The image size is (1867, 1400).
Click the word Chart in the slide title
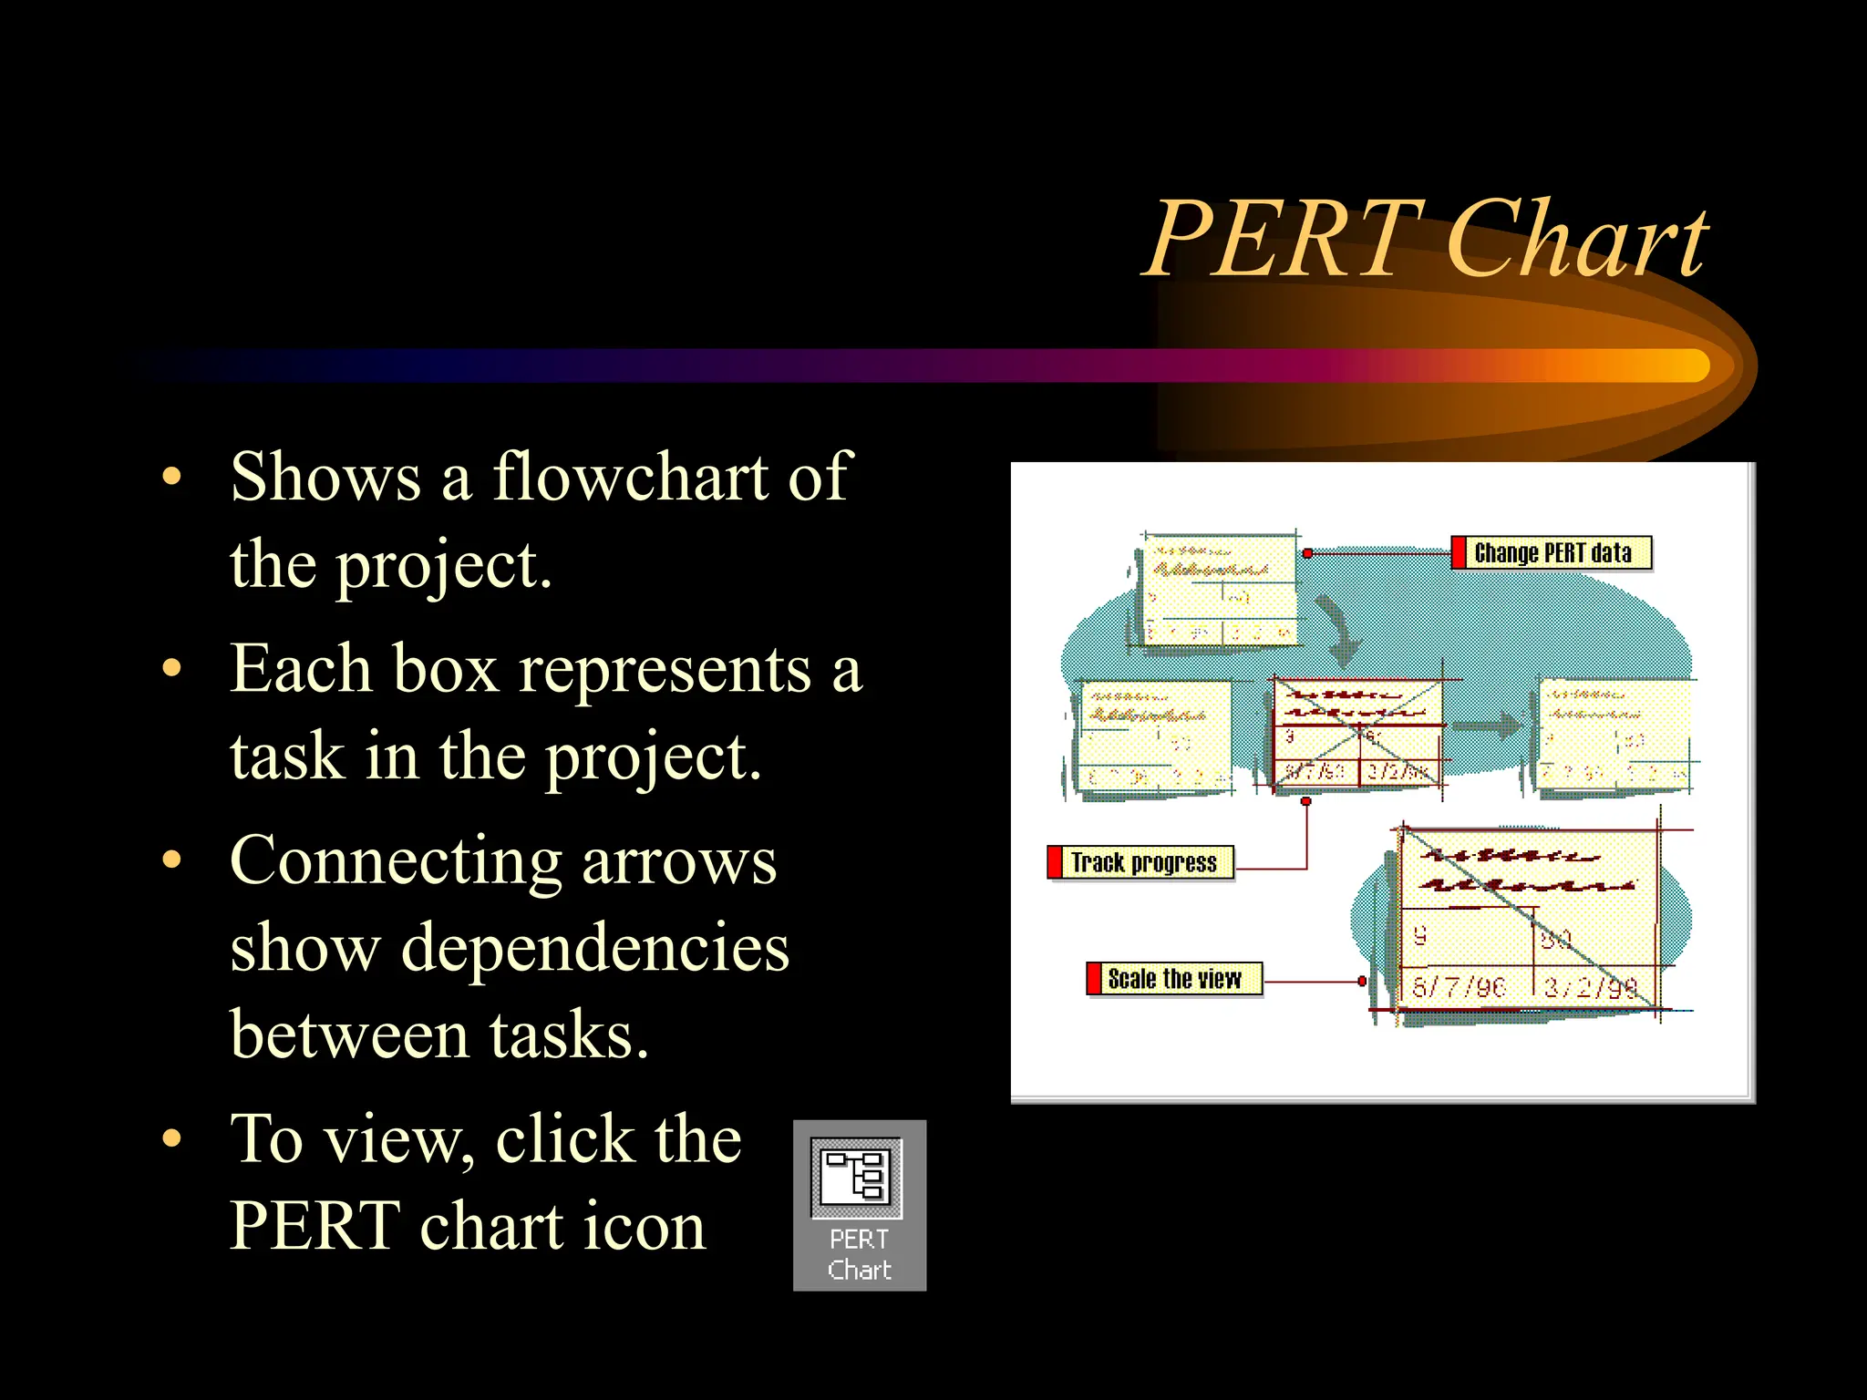tap(1577, 239)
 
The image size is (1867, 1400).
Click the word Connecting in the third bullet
tap(395, 861)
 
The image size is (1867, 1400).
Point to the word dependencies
tap(594, 948)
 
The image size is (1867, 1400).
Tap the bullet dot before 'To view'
tap(172, 1138)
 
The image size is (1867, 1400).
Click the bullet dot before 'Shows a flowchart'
tap(172, 477)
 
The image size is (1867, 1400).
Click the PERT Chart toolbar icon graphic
tap(857, 1177)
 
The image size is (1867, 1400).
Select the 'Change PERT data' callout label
tap(1552, 553)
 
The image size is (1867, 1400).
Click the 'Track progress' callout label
tap(1143, 862)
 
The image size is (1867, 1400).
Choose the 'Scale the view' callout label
tap(1174, 979)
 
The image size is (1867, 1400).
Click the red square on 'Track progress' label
tap(1056, 862)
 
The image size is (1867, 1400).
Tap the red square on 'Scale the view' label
tap(1094, 979)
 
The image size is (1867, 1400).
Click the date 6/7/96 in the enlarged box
tap(1459, 987)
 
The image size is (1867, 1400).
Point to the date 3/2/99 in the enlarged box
tap(1591, 988)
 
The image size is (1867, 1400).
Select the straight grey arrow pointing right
tap(1487, 726)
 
